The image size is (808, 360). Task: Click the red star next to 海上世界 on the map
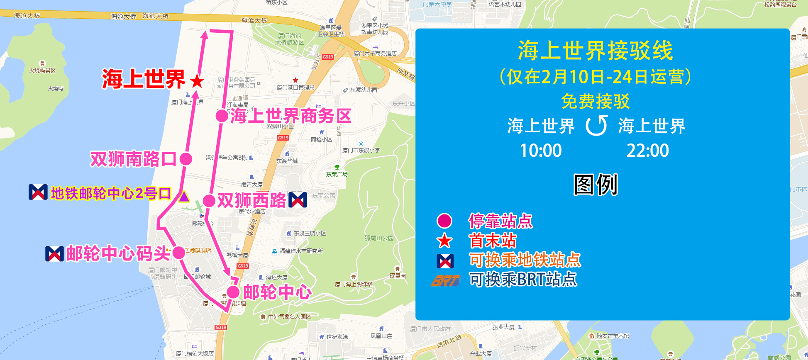click(197, 81)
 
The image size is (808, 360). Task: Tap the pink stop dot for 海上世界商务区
click(222, 116)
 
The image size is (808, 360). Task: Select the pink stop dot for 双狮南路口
click(186, 158)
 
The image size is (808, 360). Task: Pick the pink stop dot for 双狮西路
click(209, 201)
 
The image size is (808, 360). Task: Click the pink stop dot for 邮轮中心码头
click(179, 253)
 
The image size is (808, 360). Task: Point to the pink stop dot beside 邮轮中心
click(233, 292)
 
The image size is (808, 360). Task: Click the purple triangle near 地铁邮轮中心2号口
click(184, 196)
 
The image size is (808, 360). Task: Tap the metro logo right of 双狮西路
click(298, 200)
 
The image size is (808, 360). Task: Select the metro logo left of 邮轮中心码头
click(54, 253)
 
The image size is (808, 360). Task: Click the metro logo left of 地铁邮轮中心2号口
click(38, 192)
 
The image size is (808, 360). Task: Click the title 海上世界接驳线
click(595, 51)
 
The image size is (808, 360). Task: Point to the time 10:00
click(541, 151)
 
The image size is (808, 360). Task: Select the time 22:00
click(647, 151)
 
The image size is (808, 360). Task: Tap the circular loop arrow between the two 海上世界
click(596, 126)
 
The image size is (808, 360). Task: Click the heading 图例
click(596, 185)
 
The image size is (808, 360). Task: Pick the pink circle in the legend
click(444, 221)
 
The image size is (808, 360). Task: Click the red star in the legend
click(445, 241)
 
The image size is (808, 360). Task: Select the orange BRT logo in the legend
click(445, 281)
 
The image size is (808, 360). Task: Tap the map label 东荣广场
click(337, 174)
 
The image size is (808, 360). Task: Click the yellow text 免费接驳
click(595, 101)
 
